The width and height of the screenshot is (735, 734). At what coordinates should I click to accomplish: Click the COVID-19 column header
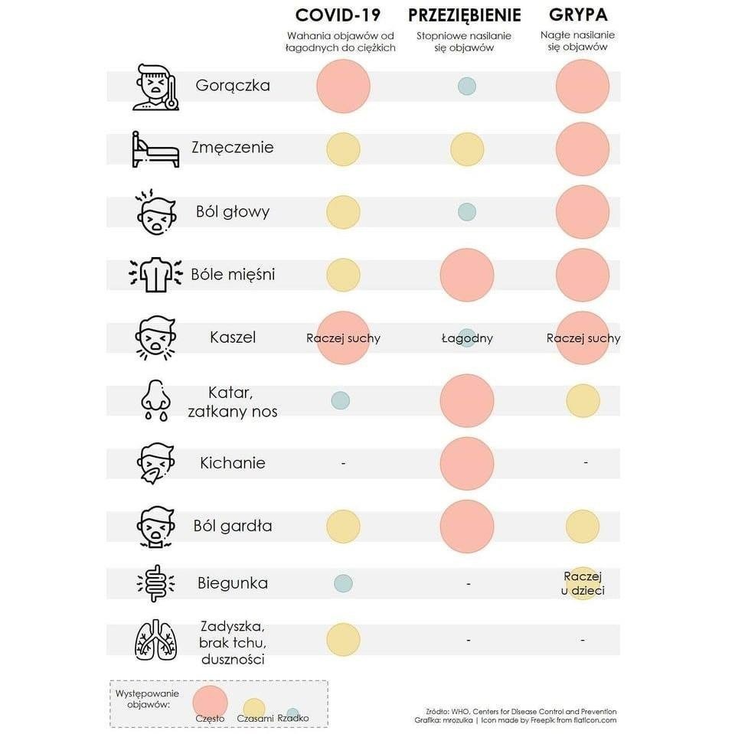coord(338,15)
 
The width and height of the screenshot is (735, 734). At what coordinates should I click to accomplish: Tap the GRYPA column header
coord(578,15)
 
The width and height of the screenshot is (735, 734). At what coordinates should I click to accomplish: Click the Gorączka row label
coord(233,85)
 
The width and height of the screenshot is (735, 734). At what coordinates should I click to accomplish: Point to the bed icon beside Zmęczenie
coord(155,148)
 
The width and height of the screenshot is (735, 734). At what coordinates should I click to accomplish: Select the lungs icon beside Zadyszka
coord(155,639)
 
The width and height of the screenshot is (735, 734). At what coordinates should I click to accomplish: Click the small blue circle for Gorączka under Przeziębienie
coord(466,86)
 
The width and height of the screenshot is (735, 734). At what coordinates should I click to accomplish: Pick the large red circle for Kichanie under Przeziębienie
coord(466,463)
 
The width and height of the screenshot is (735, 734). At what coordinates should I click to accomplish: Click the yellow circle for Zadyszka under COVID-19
coord(343,639)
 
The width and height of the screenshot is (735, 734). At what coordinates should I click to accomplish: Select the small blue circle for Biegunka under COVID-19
coord(343,583)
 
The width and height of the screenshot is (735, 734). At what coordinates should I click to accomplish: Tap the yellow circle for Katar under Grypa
coord(583,400)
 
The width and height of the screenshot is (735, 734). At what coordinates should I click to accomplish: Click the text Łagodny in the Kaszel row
coord(467,338)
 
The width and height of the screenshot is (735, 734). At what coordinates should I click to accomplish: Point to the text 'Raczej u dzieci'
coord(583,582)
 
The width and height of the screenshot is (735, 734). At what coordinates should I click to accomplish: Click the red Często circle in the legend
coord(211,701)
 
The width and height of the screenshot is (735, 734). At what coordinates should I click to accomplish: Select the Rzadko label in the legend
coord(293,718)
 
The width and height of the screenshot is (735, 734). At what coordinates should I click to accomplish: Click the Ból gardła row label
coord(233,526)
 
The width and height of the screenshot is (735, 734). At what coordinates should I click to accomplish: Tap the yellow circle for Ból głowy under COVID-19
coord(343,212)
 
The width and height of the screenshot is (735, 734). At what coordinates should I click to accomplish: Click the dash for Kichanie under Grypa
coord(586,463)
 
